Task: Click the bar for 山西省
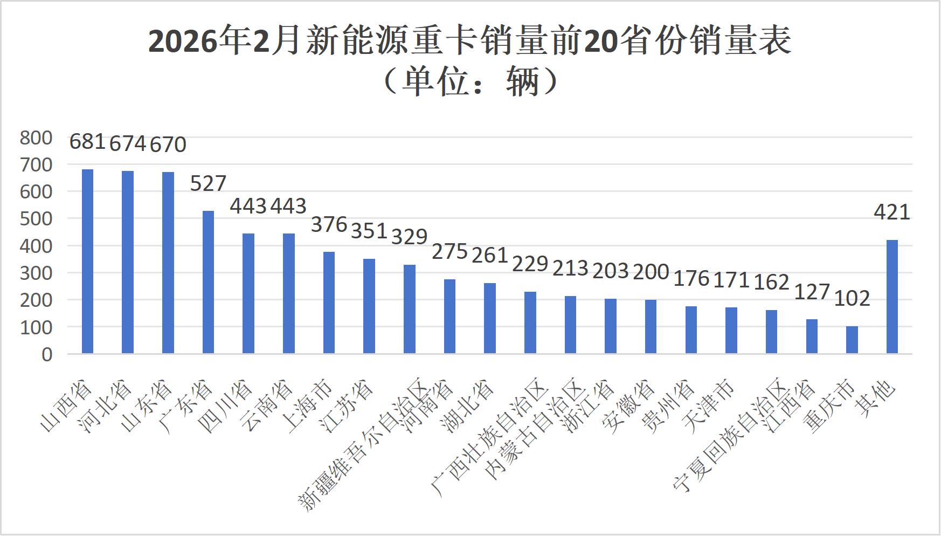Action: click(87, 262)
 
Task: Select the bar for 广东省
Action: click(208, 282)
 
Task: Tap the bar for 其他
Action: click(892, 297)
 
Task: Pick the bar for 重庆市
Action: click(852, 340)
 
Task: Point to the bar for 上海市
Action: click(329, 303)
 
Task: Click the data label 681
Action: click(87, 142)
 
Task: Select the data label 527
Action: click(208, 183)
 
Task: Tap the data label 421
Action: click(892, 212)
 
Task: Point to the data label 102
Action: click(852, 298)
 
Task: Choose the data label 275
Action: click(449, 252)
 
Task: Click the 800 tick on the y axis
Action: click(36, 138)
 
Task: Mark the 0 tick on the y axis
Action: click(47, 355)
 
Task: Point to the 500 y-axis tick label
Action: click(36, 219)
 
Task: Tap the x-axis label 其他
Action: click(877, 399)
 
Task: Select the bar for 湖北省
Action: click(490, 318)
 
